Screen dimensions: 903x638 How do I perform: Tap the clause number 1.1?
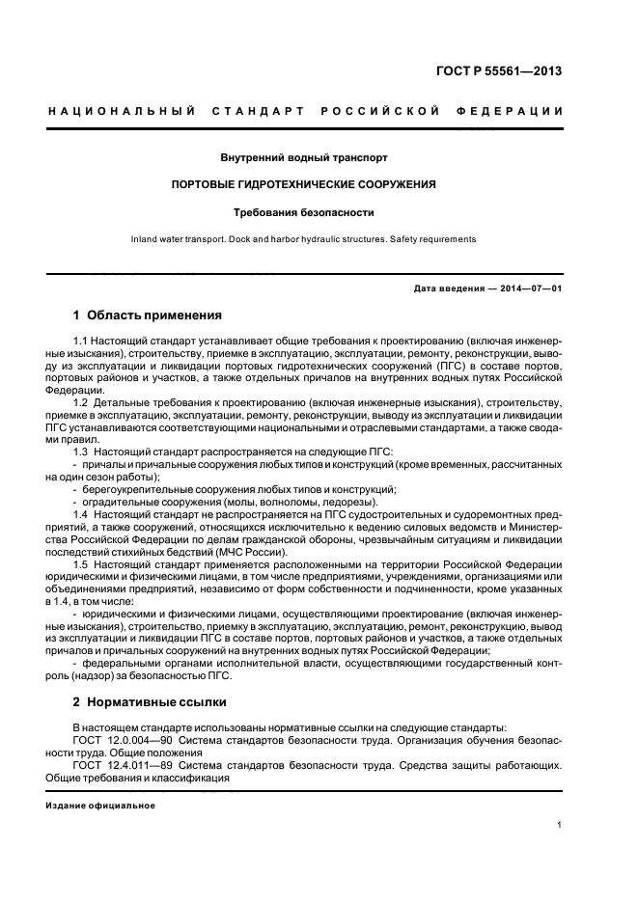coord(82,342)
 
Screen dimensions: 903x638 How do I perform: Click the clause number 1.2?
coord(82,400)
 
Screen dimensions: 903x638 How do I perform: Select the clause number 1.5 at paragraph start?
coord(82,562)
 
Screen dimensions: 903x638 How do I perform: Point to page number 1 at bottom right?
coord(560,825)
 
